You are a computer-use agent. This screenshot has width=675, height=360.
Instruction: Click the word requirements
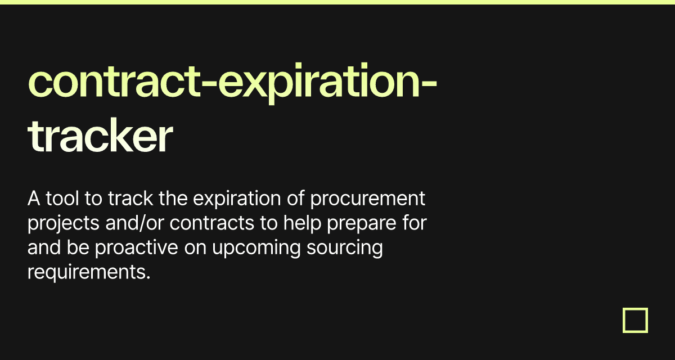coord(88,272)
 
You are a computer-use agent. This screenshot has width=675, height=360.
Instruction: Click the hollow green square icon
coord(635,320)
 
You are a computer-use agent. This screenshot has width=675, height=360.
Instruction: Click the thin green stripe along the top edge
coord(337,2)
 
